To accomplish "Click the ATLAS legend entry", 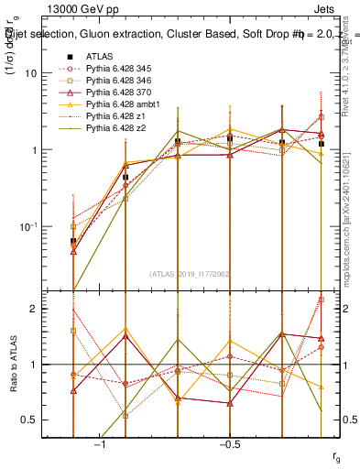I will click(99, 56).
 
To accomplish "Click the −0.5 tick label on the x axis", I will click(229, 442).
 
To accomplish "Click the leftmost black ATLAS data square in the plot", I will click(72, 241).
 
